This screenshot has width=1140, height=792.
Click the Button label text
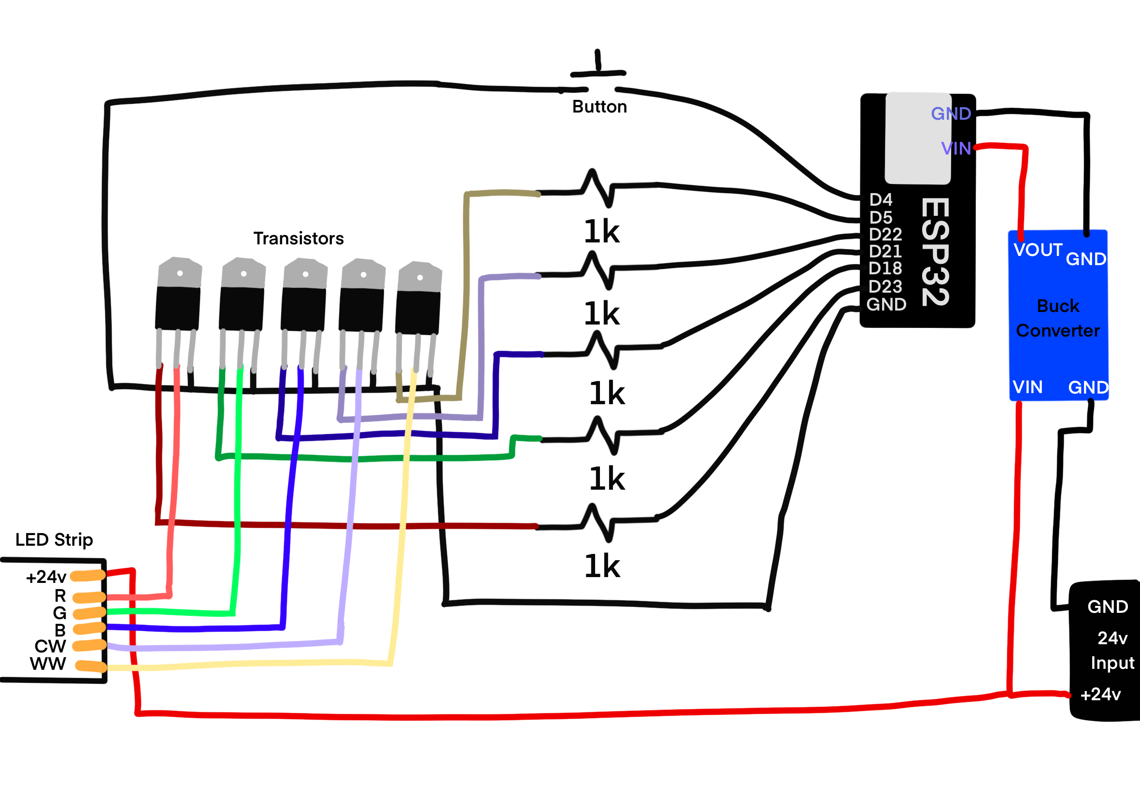(599, 107)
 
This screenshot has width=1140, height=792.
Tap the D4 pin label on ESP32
(881, 199)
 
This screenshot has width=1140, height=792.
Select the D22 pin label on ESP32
(885, 234)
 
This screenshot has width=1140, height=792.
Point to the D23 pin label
(885, 286)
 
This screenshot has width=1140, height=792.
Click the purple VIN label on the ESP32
(956, 148)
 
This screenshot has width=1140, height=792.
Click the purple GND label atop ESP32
(951, 113)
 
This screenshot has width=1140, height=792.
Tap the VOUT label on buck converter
(1038, 250)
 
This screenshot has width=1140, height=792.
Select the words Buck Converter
(1057, 318)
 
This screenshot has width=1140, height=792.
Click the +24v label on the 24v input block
(1101, 694)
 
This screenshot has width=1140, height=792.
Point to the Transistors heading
(298, 239)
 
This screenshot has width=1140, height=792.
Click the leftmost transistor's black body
(178, 308)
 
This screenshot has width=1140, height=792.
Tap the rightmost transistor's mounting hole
(420, 277)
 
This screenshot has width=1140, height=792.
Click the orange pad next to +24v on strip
(88, 576)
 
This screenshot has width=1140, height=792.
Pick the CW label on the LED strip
(50, 646)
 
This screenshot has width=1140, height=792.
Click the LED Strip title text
(54, 539)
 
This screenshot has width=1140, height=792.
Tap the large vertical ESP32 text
(936, 252)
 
